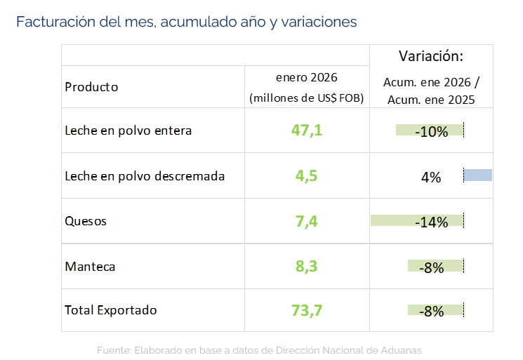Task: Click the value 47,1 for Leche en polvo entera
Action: click(x=307, y=131)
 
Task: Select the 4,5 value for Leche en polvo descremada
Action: click(x=307, y=176)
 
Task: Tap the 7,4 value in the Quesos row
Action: click(x=307, y=222)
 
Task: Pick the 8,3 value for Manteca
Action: click(x=307, y=267)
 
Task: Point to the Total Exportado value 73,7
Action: click(x=307, y=310)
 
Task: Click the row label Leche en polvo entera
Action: click(x=128, y=131)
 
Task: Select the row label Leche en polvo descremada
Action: click(x=145, y=176)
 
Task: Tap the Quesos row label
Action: click(x=86, y=221)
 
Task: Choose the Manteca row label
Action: click(x=90, y=267)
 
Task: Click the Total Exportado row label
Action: click(x=111, y=309)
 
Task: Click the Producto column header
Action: click(x=91, y=87)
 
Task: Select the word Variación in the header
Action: click(x=430, y=56)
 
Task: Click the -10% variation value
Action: click(x=431, y=131)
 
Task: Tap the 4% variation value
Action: click(x=431, y=178)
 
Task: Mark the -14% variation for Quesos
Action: click(x=431, y=222)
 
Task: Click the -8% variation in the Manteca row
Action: click(x=431, y=267)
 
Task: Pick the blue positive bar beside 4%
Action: click(x=478, y=175)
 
